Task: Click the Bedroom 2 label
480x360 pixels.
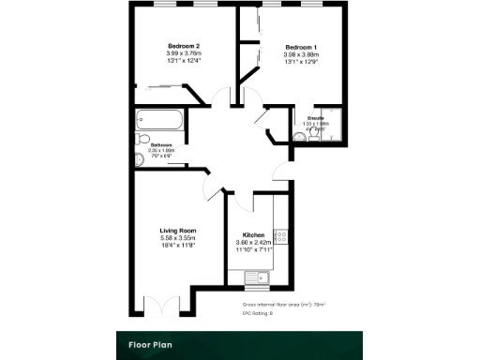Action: coord(184,46)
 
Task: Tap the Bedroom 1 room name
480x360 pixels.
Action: coord(301,47)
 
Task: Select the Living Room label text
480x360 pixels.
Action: coord(177,230)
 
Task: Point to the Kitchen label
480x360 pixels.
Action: coord(253,234)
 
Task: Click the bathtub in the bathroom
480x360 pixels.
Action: coord(160,120)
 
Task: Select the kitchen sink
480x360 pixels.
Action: coord(256,277)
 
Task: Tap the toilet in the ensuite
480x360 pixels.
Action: coord(300,137)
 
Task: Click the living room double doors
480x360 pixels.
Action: coord(159,305)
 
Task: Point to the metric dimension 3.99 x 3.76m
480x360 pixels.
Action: coord(184,53)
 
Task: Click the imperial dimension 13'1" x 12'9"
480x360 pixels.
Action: coord(301,62)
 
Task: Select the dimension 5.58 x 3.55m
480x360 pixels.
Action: coord(177,238)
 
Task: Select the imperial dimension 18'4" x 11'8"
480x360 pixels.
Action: coord(177,246)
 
